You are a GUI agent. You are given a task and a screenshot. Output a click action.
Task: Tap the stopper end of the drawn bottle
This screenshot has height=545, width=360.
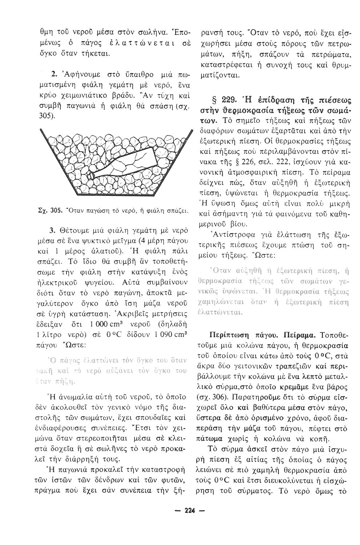click(x=90, y=175)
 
